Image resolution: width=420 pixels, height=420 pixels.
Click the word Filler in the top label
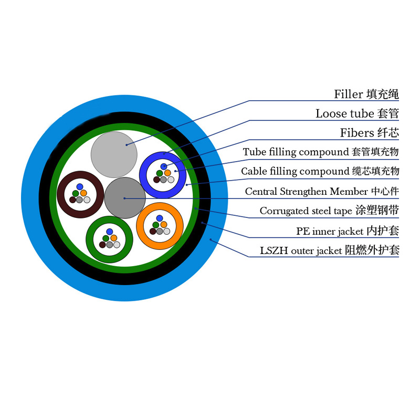coord(349,94)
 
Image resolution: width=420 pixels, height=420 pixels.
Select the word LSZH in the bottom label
coord(274,251)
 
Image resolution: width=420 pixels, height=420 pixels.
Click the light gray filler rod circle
coord(114,154)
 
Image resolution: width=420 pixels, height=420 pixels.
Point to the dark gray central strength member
coord(125,198)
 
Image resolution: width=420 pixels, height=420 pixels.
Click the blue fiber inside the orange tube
coord(160,218)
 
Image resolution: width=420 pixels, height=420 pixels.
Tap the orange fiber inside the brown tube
coord(83,193)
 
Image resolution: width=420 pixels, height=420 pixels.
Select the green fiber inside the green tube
coord(106,238)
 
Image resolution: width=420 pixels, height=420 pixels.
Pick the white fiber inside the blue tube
coord(171,180)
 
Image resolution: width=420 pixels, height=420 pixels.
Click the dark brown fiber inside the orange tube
coord(153,231)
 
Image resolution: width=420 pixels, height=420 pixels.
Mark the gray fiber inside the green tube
coord(110,245)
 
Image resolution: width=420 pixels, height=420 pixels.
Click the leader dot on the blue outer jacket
coord(211,239)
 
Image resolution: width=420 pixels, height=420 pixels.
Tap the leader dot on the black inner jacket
coord(202,223)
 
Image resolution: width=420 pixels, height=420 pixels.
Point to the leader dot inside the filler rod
coord(127,145)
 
